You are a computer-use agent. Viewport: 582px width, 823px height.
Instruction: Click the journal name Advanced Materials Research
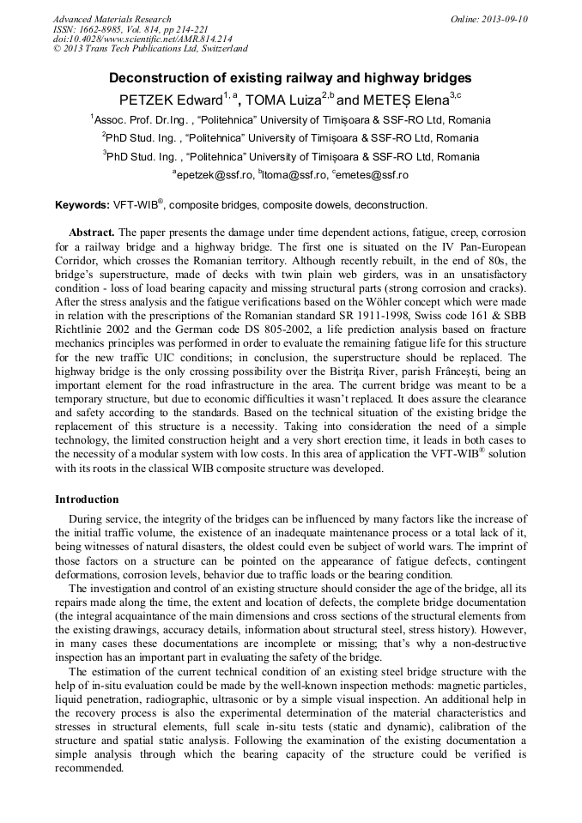point(112,19)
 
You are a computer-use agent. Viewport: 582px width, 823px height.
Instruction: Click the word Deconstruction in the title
point(160,78)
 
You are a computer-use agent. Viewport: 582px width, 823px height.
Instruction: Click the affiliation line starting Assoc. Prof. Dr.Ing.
point(291,120)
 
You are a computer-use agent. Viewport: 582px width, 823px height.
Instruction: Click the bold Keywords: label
point(82,206)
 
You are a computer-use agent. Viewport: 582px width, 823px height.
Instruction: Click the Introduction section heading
point(87,499)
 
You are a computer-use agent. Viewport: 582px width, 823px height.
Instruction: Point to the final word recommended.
point(89,767)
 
